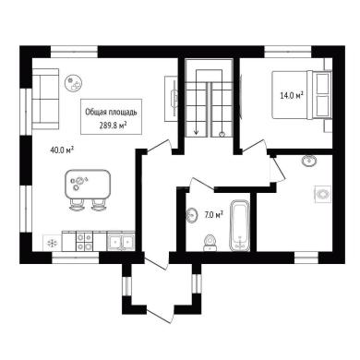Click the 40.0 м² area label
(62, 150)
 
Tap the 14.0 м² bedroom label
(292, 95)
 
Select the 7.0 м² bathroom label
(214, 214)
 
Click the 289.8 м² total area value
(114, 125)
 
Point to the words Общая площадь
(111, 113)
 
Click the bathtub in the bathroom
(240, 225)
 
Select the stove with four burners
(84, 242)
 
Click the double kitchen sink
(121, 241)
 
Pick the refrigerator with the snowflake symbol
(52, 244)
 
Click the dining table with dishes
(88, 185)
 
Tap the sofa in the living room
(45, 99)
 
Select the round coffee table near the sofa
(73, 83)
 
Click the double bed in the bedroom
(302, 94)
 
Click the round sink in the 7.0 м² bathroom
(192, 215)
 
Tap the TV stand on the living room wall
(171, 99)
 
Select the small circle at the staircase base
(222, 134)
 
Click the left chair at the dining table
(77, 205)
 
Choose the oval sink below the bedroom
(309, 161)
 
